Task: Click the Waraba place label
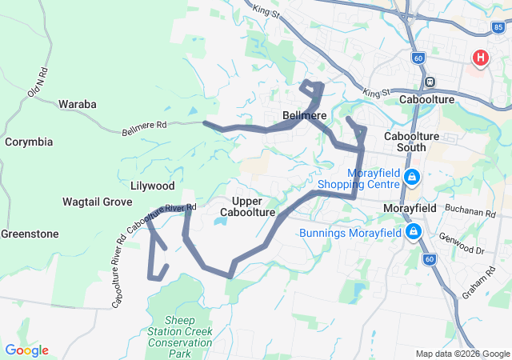coord(77,104)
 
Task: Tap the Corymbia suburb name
coord(29,142)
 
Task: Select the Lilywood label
coord(152,186)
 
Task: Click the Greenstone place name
coord(30,234)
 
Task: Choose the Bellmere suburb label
coord(305,116)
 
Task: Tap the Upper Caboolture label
coord(254,206)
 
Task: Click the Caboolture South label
coord(411,142)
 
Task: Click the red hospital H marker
coord(480,58)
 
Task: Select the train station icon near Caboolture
coord(430,82)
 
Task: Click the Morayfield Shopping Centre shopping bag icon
coord(411,177)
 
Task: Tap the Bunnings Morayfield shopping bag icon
coord(413,233)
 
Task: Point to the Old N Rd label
coord(37,82)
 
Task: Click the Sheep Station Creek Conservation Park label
coord(180,336)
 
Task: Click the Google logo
coord(26,350)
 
